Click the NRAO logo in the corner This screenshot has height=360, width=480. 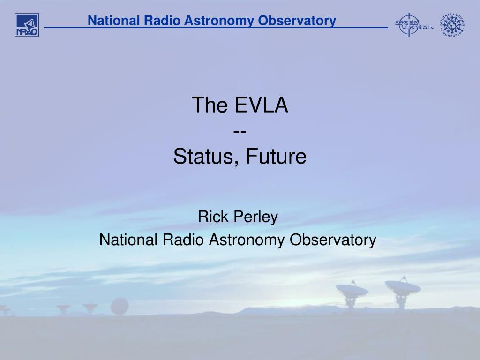point(27,25)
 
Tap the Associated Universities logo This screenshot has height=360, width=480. point(414,24)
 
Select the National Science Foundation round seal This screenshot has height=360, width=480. point(452,25)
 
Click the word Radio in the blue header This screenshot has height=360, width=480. point(162,21)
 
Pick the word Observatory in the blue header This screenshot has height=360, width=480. point(297,21)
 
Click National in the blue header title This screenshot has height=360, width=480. point(114,21)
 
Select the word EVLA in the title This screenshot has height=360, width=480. point(262,105)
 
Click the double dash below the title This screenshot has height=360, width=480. point(240,132)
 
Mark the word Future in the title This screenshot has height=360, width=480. point(276,156)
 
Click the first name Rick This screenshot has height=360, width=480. point(213,217)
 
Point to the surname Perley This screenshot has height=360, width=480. point(256,217)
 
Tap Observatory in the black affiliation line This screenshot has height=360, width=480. point(333,240)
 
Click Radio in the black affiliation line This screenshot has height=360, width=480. point(183,240)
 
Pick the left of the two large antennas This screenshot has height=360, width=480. point(352,294)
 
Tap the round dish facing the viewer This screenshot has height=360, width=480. point(120,306)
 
